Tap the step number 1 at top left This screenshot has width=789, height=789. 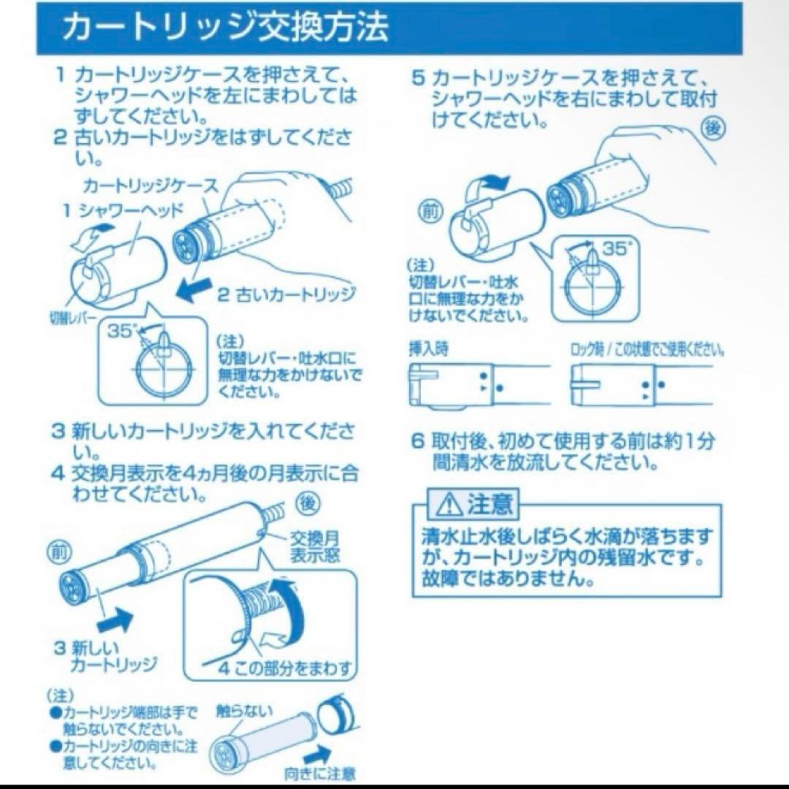click(x=61, y=76)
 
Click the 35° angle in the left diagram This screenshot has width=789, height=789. click(x=120, y=331)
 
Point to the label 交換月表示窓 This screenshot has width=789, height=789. click(x=316, y=546)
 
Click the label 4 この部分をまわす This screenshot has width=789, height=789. click(x=286, y=668)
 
